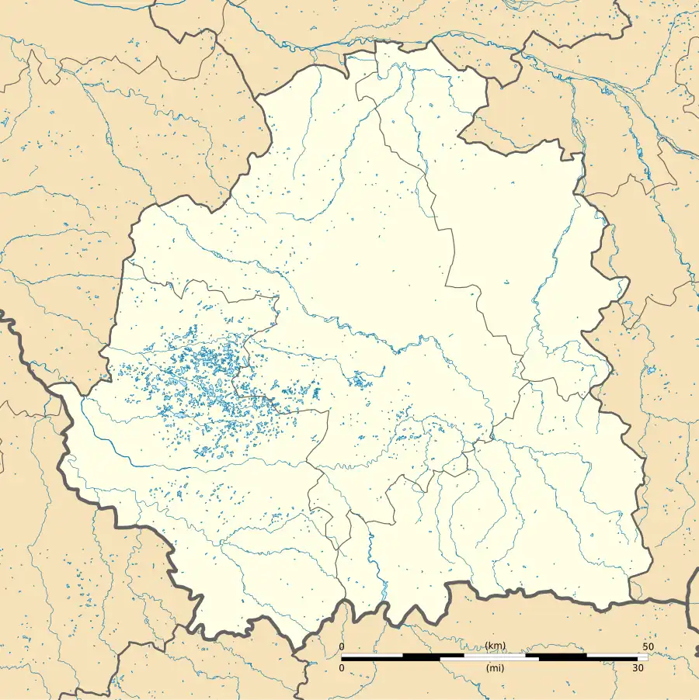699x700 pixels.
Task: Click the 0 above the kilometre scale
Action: pyautogui.click(x=342, y=647)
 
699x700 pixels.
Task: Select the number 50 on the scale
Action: pyautogui.click(x=648, y=647)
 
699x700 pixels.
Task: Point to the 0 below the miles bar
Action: pyautogui.click(x=342, y=668)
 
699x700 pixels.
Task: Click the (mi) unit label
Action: pyautogui.click(x=495, y=668)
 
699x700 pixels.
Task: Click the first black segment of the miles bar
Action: pyautogui.click(x=391, y=660)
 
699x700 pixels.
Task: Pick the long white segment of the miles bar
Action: pyautogui.click(x=489, y=660)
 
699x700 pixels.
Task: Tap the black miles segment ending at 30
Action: pyautogui.click(x=588, y=660)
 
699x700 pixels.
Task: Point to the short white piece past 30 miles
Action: pyautogui.click(x=642, y=660)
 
